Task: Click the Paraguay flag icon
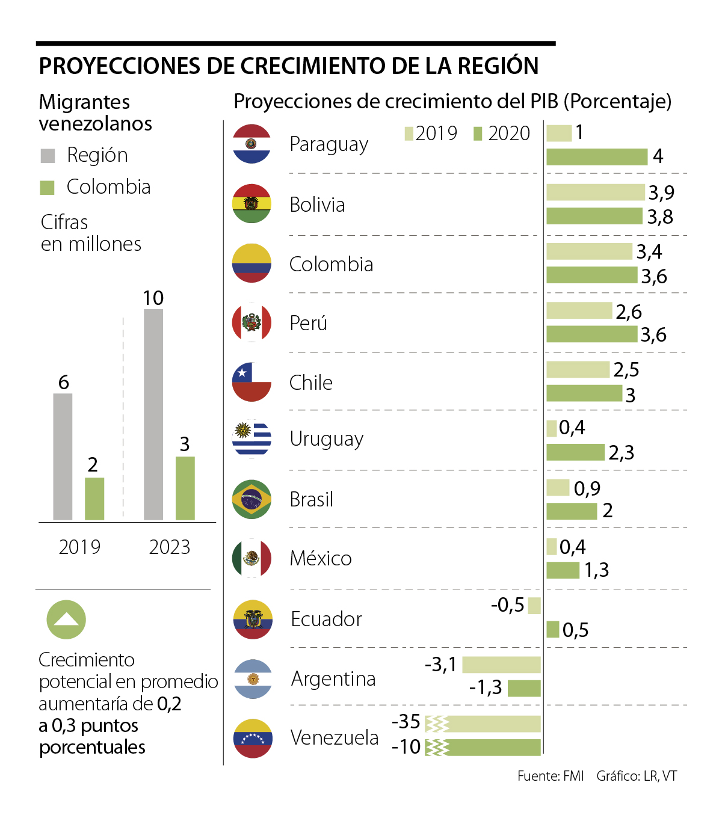click(x=251, y=144)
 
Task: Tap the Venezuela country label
click(x=335, y=737)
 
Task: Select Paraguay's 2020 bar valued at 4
click(x=597, y=157)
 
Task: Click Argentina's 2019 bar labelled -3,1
click(x=501, y=665)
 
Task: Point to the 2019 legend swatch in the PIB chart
click(x=409, y=134)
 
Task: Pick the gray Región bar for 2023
click(x=153, y=414)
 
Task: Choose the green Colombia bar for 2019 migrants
click(x=94, y=499)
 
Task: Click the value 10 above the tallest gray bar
click(x=153, y=298)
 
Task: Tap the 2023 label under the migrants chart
click(x=170, y=547)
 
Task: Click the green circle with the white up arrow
click(x=66, y=620)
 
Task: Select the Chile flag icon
click(x=251, y=382)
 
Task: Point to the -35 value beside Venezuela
click(x=406, y=721)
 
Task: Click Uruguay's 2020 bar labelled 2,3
click(x=575, y=452)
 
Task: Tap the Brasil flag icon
click(x=251, y=499)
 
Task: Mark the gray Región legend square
click(x=48, y=156)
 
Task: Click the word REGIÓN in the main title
click(x=498, y=66)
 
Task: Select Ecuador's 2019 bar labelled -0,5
click(x=534, y=606)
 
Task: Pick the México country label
click(x=321, y=559)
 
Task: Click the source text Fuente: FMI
click(x=551, y=776)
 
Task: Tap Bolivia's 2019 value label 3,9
click(x=661, y=192)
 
